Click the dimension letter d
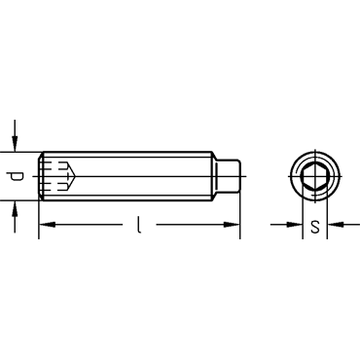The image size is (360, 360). coord(16,176)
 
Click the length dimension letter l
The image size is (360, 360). coord(139,225)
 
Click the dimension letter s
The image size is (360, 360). coord(315,227)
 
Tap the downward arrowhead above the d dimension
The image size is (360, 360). coord(15,144)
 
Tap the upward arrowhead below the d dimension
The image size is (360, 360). coord(15,208)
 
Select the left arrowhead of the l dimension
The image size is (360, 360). coord(47,224)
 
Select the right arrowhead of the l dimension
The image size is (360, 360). coord(233,224)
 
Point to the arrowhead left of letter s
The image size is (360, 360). coord(295,224)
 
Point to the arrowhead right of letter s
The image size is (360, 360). coord(335,224)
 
